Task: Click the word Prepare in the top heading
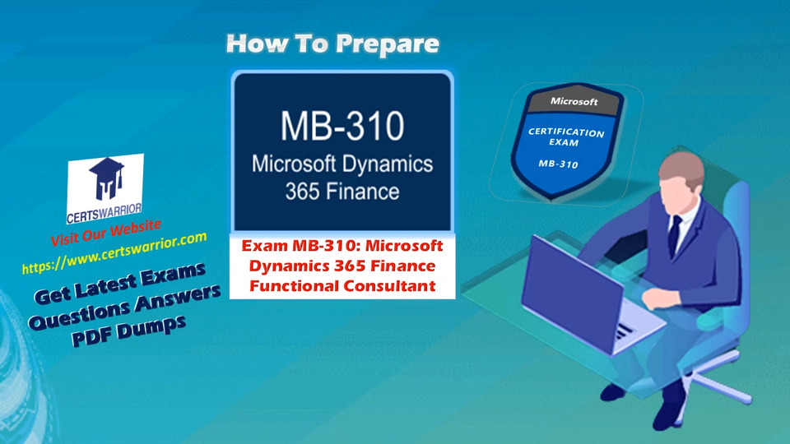(x=387, y=44)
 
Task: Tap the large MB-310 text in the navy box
(x=342, y=126)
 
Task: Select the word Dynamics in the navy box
(x=388, y=164)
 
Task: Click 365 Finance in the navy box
(x=342, y=192)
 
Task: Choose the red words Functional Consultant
(x=342, y=286)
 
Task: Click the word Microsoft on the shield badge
(x=574, y=101)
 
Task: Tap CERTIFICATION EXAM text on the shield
(x=565, y=137)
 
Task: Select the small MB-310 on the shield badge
(x=558, y=164)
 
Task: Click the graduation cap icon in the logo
(x=107, y=178)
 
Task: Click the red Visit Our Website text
(x=106, y=233)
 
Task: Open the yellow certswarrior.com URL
(x=114, y=252)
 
